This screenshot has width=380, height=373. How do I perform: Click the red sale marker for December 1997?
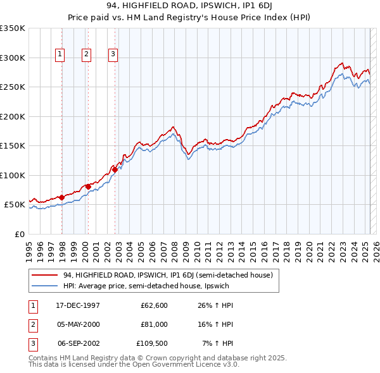coord(62,197)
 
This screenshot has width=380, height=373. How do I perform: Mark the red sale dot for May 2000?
coord(88,186)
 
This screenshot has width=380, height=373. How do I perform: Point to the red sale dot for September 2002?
coord(115,169)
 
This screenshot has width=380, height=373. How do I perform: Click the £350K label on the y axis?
coord(13,28)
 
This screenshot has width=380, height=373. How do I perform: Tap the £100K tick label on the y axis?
coord(13,175)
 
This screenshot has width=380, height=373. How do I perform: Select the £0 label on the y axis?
coord(19,234)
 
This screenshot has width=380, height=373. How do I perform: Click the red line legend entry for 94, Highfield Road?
coord(168,275)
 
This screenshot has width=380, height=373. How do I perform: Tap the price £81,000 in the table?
coord(155,324)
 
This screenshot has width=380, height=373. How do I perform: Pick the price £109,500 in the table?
coord(153,343)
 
